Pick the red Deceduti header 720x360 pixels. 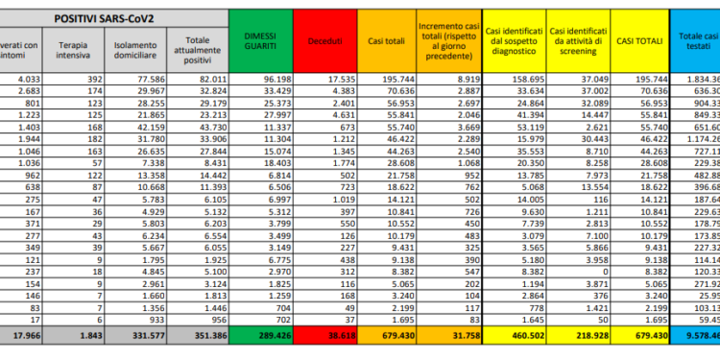pos(325,42)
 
